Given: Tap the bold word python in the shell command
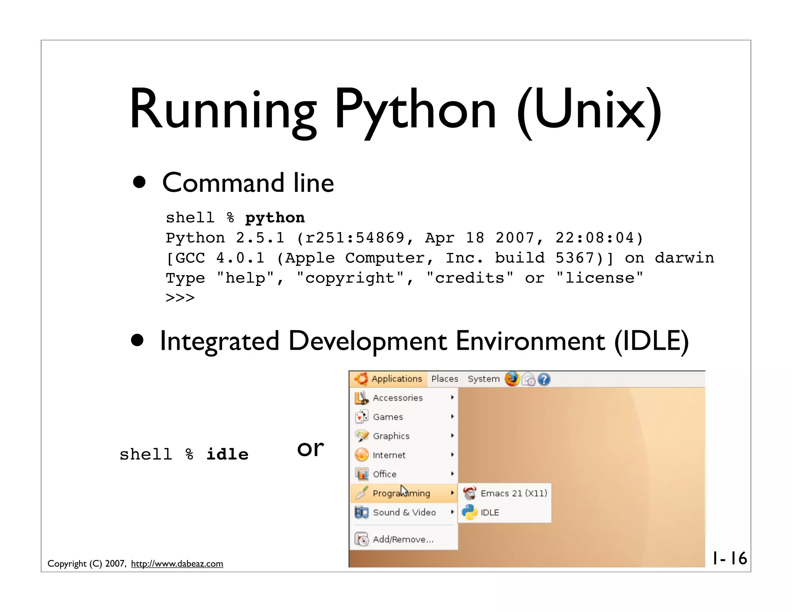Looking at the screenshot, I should (275, 218).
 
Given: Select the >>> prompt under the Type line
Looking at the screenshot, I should (180, 298).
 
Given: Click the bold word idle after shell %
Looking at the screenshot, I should (227, 454).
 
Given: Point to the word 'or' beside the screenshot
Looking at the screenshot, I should (310, 449).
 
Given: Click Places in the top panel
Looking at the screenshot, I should (444, 379).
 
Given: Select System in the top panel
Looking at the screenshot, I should (483, 379).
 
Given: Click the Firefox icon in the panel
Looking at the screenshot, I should (512, 379).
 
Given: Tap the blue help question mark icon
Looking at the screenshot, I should (544, 380).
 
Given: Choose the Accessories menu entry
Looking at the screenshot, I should (398, 398).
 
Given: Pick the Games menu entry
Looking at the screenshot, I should (388, 417).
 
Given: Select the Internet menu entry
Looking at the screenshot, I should (389, 455).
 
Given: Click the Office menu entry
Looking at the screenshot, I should (384, 474).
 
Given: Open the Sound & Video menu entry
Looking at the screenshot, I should (404, 512).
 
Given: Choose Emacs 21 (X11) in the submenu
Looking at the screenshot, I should (514, 493).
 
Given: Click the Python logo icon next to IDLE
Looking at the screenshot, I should (469, 512).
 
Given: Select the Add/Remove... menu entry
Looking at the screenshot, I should (403, 539).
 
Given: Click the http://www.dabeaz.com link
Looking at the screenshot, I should (177, 564).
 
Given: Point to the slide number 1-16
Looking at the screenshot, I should (729, 558).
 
